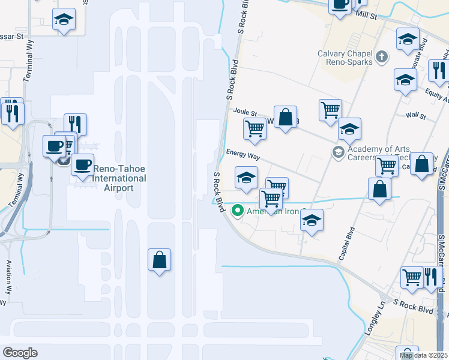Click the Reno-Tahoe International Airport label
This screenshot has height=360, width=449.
(109, 178)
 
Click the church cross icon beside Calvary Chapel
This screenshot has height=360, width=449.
(381, 58)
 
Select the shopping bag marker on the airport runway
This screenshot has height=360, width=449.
(160, 261)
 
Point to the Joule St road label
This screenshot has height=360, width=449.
(245, 112)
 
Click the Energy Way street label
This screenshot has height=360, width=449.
(243, 155)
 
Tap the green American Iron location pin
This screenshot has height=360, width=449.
(237, 211)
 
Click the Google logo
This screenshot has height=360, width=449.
(20, 353)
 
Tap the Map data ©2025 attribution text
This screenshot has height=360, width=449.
(423, 355)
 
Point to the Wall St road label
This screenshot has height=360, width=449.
(415, 115)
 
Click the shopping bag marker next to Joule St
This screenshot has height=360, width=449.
(286, 117)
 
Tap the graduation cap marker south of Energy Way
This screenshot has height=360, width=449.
(246, 177)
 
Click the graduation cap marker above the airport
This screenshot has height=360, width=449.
(63, 20)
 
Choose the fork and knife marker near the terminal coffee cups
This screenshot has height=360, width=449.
(76, 124)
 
